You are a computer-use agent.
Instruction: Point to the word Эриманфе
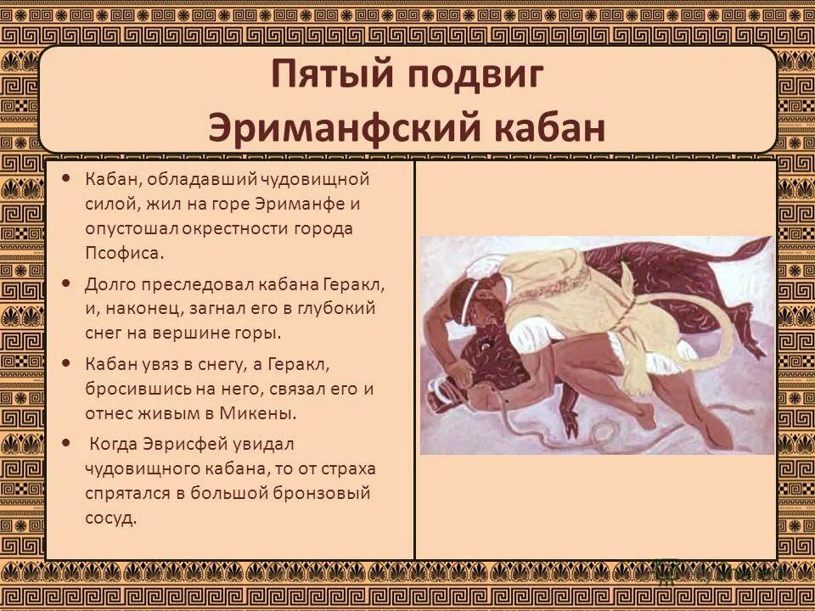[x=312, y=204]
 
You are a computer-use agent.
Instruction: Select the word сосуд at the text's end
[x=110, y=517]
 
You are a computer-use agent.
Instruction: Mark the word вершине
[x=193, y=333]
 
